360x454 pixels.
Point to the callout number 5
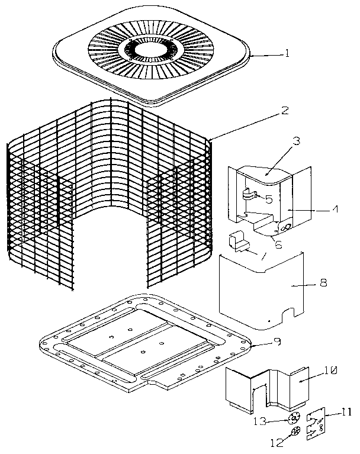268,200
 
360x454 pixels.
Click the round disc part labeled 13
294,418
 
